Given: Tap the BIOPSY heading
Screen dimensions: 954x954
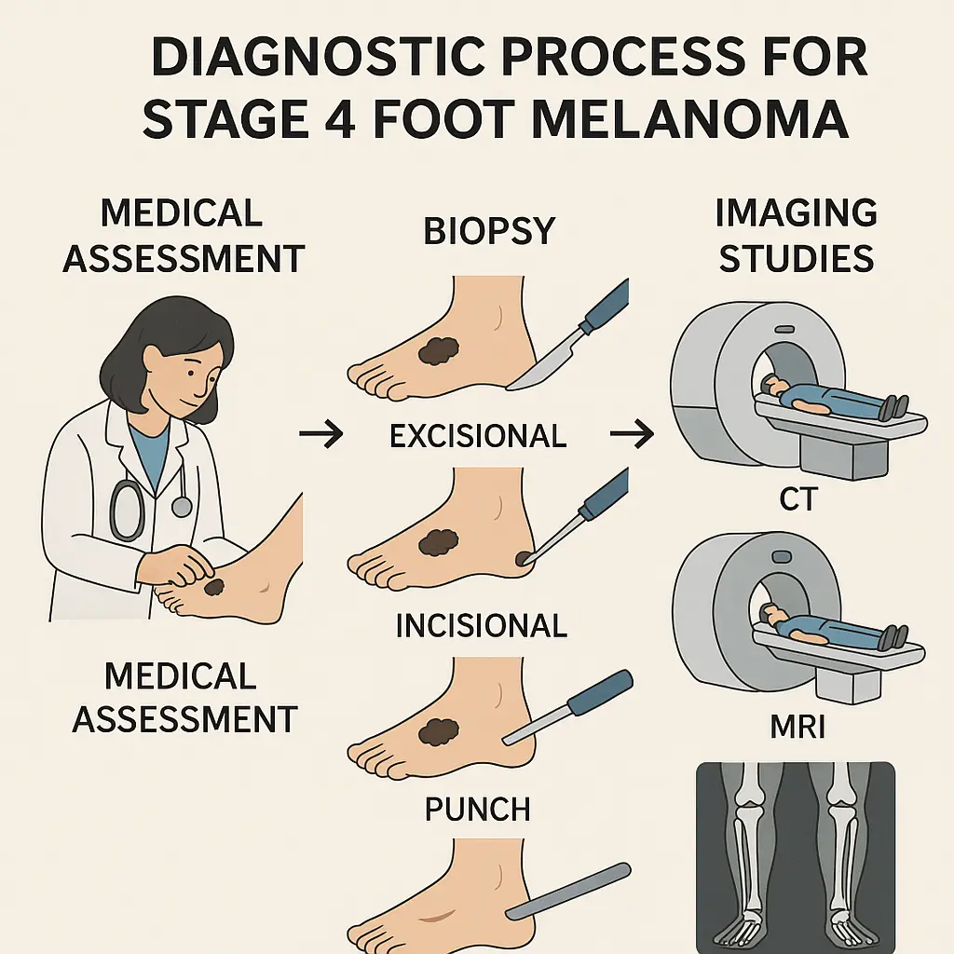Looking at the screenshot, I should pos(489,230).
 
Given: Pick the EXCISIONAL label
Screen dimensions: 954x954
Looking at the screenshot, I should pos(478,436).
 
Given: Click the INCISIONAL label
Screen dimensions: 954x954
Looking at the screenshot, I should pos(481,624).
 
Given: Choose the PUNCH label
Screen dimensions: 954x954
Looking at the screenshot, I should pos(477,809).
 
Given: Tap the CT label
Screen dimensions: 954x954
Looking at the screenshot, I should pos(797,500).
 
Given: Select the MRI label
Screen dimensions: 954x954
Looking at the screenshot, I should pos(798,727).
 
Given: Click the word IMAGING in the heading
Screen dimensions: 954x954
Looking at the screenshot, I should pos(796,213).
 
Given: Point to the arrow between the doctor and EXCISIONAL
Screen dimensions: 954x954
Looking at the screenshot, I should pos(321,435).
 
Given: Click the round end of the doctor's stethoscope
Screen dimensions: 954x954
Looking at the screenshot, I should pos(182,506).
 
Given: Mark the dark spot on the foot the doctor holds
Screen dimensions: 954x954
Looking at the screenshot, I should pos(215,588).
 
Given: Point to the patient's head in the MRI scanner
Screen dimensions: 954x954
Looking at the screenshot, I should pos(772,614).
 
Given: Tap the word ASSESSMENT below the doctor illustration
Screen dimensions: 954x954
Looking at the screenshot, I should pos(184,718).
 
